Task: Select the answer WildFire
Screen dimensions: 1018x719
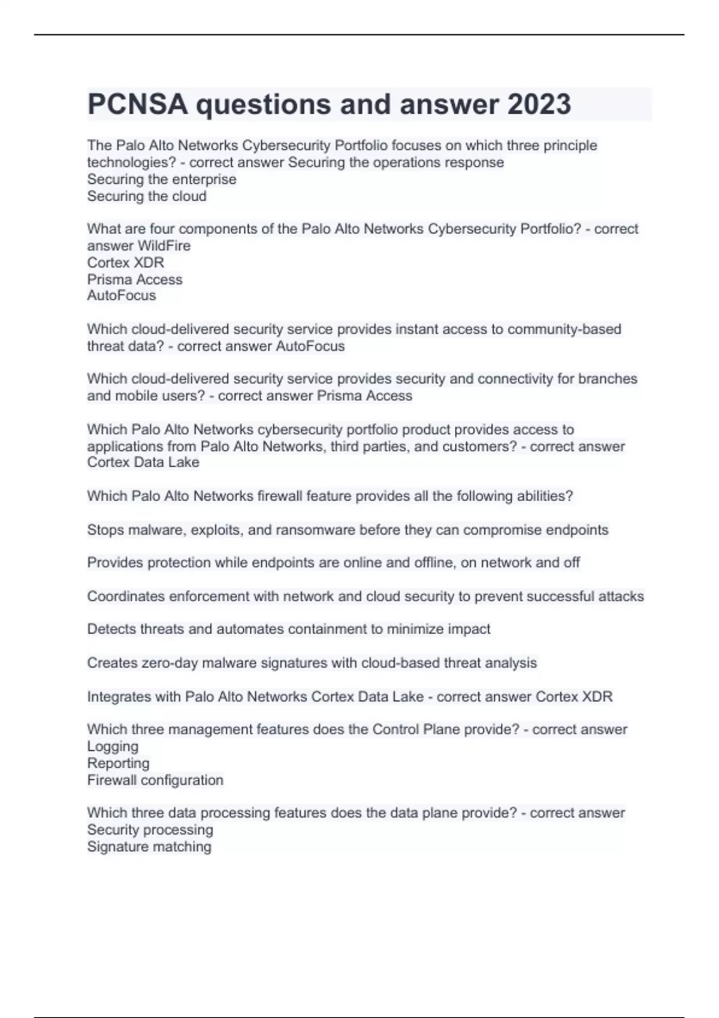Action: coord(164,246)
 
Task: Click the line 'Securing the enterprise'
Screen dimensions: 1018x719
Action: coord(162,179)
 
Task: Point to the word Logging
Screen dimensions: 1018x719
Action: coord(113,746)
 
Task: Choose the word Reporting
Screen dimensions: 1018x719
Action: coord(118,763)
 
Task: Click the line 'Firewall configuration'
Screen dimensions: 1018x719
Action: coord(155,780)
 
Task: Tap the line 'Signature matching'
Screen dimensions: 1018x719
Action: coord(149,846)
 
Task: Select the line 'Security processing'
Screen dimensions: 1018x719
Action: coord(150,829)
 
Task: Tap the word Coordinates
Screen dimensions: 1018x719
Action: coord(126,596)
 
